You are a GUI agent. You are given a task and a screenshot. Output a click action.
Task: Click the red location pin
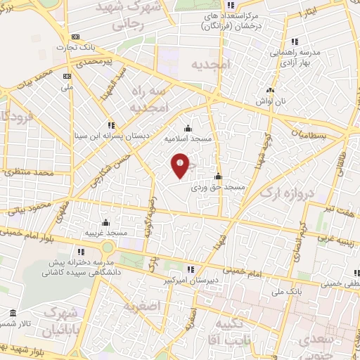(181, 165)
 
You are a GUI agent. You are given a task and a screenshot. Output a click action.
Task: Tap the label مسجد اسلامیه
(188, 139)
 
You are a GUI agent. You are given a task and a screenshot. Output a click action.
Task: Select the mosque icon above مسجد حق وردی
(219, 176)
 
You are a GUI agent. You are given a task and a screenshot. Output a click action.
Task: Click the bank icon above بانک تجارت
(76, 37)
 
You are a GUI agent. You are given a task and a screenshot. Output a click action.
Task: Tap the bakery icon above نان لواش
(269, 91)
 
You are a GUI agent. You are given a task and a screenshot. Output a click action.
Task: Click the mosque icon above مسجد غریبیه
(106, 221)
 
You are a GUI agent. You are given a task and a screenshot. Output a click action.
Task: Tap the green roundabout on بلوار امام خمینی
(108, 247)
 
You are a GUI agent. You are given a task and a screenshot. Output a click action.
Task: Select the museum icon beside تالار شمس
(13, 314)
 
